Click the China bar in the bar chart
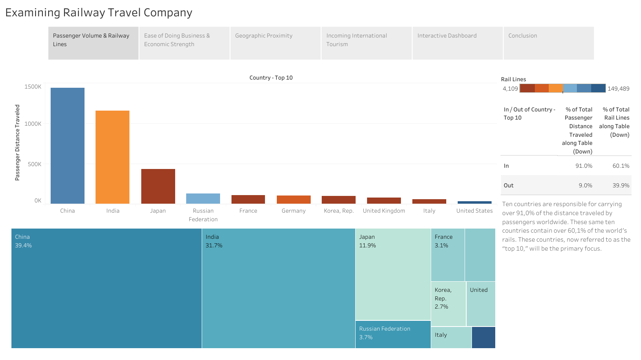(x=67, y=145)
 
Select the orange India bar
(x=112, y=157)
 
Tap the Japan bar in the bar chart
(x=158, y=186)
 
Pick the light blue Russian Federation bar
(x=203, y=199)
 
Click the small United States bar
(x=474, y=202)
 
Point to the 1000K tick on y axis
(x=33, y=124)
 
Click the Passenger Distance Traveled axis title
(x=17, y=142)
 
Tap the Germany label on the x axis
(x=293, y=211)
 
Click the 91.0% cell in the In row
(x=583, y=166)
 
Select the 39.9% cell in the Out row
(x=621, y=185)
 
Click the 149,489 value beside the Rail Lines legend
(x=618, y=89)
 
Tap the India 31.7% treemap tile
(x=278, y=288)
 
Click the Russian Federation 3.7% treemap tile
(x=393, y=334)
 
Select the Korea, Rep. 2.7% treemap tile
(x=448, y=304)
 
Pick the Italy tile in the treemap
(x=451, y=337)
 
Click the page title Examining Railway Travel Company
(x=99, y=13)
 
